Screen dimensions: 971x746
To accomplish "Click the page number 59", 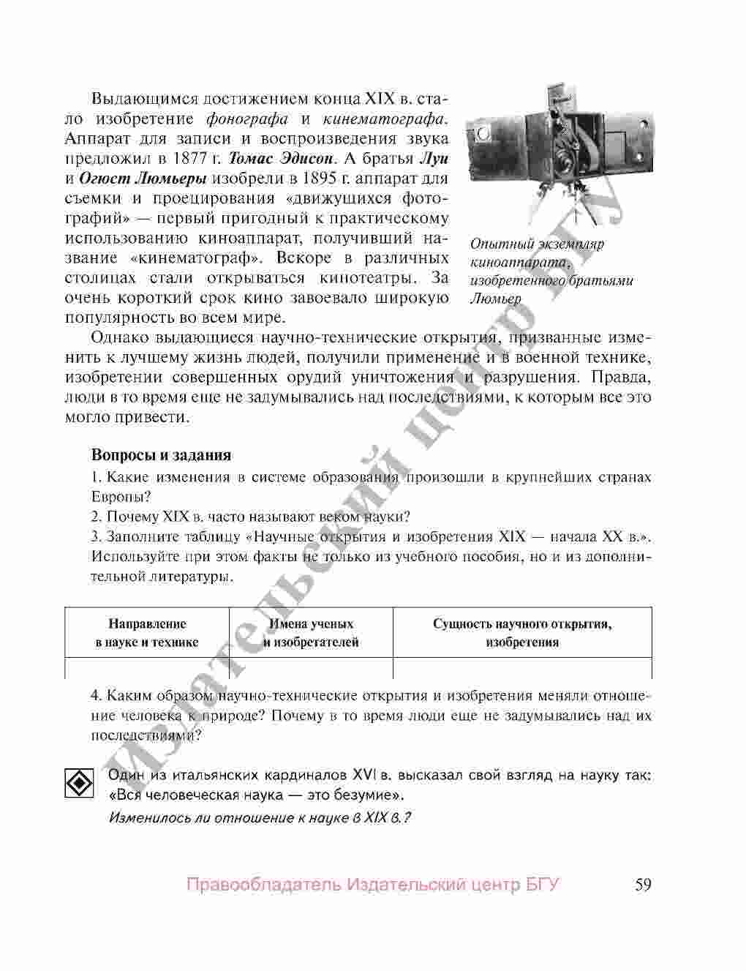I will pyautogui.click(x=643, y=885).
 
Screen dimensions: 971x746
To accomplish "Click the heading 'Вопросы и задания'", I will pyautogui.click(x=161, y=455).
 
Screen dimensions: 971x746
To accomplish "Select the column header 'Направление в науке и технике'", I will pyautogui.click(x=147, y=634).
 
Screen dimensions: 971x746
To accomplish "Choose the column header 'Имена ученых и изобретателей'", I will pyautogui.click(x=311, y=634).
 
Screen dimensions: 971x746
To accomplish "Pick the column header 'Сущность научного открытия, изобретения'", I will pyautogui.click(x=522, y=634).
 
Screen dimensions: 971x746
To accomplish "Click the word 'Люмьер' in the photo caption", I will pyautogui.click(x=496, y=299).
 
